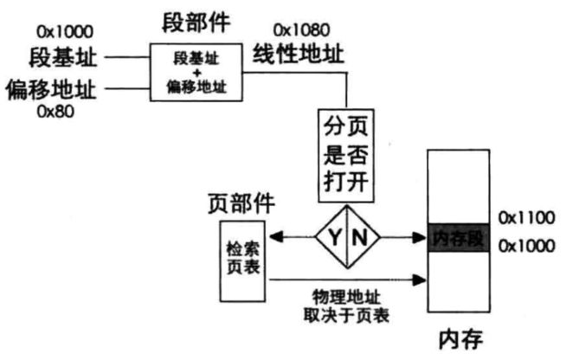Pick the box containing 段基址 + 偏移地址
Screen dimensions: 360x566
[196, 73]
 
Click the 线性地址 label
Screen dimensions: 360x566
[299, 55]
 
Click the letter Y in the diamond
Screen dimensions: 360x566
[333, 235]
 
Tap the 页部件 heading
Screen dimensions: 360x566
[241, 203]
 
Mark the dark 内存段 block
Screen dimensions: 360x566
[458, 236]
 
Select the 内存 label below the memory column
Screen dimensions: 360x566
[458, 337]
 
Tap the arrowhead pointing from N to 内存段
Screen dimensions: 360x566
[422, 235]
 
